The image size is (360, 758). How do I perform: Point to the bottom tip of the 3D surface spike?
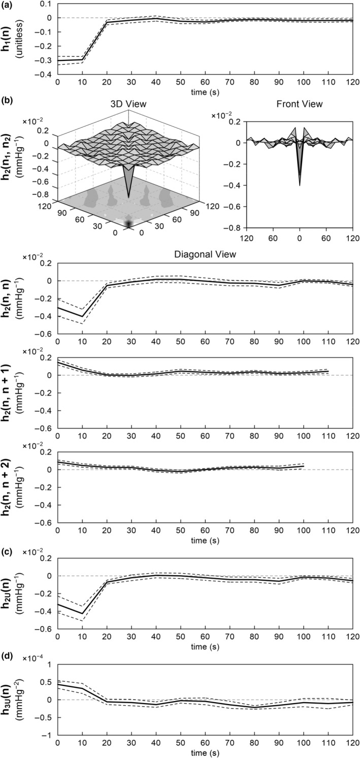[x=128, y=197]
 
